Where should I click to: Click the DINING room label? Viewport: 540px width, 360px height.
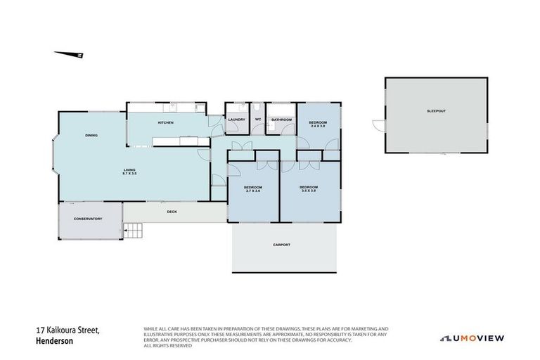tap(91, 135)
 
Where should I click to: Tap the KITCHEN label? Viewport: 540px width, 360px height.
tap(165, 123)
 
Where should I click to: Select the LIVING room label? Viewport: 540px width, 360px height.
tap(129, 169)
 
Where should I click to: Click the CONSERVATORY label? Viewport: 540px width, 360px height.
tap(88, 219)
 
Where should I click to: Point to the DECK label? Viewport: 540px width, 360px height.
tap(172, 212)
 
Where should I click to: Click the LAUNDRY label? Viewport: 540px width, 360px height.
tap(236, 120)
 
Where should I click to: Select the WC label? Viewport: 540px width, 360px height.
tap(258, 120)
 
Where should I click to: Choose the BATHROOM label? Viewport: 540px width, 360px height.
tap(281, 120)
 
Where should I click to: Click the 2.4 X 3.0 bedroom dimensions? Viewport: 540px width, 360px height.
tap(318, 127)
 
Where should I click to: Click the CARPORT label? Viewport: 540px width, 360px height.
tap(281, 245)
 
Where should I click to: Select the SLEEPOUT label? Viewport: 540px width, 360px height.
tap(436, 111)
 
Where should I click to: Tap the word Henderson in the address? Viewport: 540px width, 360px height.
tap(55, 341)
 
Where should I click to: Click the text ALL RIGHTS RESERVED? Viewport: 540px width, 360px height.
tap(167, 346)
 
